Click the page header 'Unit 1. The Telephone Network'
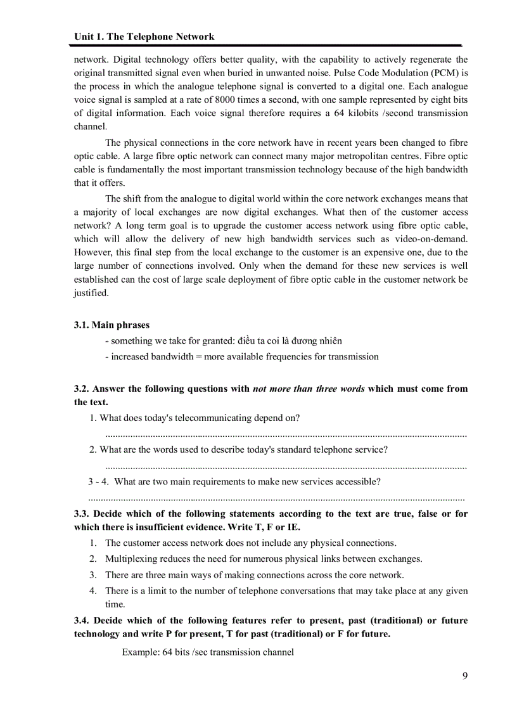pos(144,37)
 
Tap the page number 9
pos(464,675)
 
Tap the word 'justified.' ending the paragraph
pos(91,293)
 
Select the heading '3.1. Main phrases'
pos(112,325)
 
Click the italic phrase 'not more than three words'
pos(309,389)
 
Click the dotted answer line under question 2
pos(285,467)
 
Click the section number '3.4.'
pos(83,620)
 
